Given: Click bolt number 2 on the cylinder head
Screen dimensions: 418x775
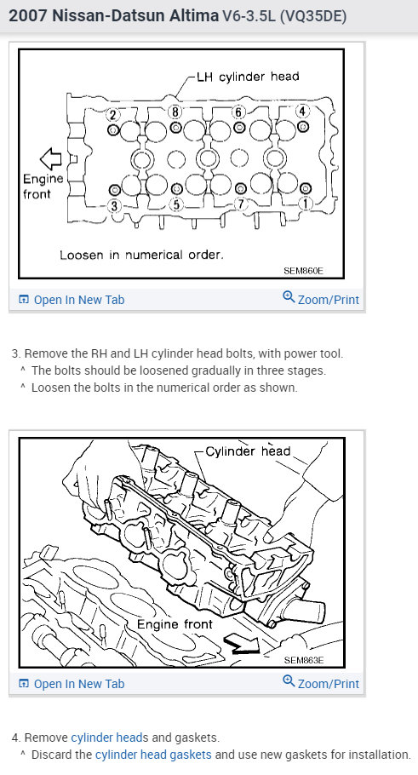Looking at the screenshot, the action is [x=112, y=115].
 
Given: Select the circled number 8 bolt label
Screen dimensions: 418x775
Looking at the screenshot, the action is [x=175, y=112].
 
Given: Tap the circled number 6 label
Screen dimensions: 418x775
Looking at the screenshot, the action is [x=238, y=112].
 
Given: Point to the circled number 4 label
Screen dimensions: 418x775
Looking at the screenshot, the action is [x=302, y=111].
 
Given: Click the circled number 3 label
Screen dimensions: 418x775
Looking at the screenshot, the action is [x=114, y=204].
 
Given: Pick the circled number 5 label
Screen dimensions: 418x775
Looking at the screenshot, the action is [x=177, y=204].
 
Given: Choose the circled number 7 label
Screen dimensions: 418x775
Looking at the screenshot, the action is [x=241, y=204].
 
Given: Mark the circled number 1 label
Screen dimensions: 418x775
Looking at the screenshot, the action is [x=305, y=203].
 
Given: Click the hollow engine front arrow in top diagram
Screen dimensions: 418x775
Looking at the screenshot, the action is [x=51, y=158].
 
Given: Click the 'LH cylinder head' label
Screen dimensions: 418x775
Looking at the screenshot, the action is [x=248, y=77].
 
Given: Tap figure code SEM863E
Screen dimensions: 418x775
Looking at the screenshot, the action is [x=304, y=660].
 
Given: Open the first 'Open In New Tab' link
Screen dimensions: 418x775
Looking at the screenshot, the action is [x=72, y=300].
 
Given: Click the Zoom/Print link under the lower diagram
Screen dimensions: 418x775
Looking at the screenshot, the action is [x=321, y=684].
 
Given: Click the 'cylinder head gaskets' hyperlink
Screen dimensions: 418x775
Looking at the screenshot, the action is [x=153, y=755].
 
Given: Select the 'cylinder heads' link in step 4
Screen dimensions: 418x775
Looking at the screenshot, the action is [x=110, y=738].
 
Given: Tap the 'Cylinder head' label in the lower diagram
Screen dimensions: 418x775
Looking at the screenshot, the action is [x=248, y=451].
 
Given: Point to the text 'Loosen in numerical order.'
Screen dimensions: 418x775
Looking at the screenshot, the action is [x=142, y=255].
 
